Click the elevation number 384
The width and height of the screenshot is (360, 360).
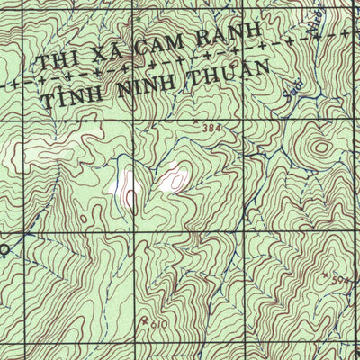click(x=211, y=130)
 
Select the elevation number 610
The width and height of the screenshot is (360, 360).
click(x=157, y=322)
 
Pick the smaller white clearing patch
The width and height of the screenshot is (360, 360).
click(x=174, y=179)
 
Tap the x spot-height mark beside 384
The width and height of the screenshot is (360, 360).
click(x=194, y=117)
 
